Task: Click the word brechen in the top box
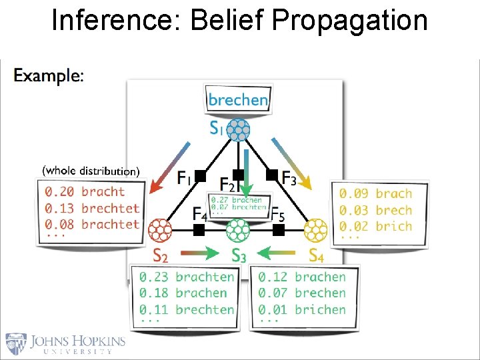pos(238,101)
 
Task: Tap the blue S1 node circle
pos(238,129)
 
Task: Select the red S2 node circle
pos(160,230)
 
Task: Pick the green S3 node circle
pos(238,230)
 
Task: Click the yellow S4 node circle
pos(316,230)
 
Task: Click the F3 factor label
pos(289,178)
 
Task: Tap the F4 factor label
pos(199,215)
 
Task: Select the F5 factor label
pos(278,215)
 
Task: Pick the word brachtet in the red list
pos(111,224)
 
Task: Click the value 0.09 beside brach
pos(352,194)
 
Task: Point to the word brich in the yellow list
pos(393,226)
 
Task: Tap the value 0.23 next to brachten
pos(153,277)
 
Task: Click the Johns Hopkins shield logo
pos(17,343)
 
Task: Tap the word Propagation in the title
pos(350,21)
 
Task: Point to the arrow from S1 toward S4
pos(291,161)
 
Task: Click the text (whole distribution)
pos(91,171)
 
